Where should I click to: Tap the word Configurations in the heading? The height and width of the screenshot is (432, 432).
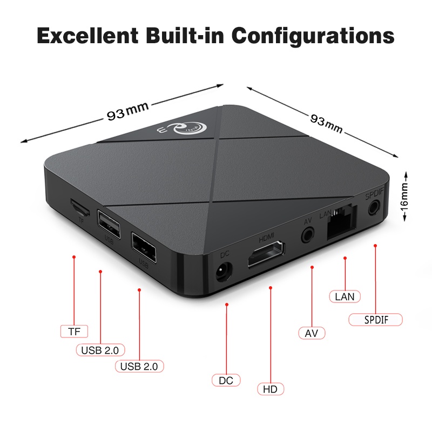tap(314, 37)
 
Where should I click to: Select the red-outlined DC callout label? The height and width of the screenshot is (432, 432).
tap(226, 380)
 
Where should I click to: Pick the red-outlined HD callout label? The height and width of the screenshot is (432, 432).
tap(270, 389)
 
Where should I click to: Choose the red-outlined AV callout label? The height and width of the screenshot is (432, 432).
tap(312, 333)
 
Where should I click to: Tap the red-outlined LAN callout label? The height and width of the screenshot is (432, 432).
tap(345, 296)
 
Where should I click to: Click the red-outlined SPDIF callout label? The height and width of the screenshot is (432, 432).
tap(376, 319)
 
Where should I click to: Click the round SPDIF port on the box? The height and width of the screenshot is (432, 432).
tap(373, 208)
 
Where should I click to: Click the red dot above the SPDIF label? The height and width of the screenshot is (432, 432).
tap(375, 246)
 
